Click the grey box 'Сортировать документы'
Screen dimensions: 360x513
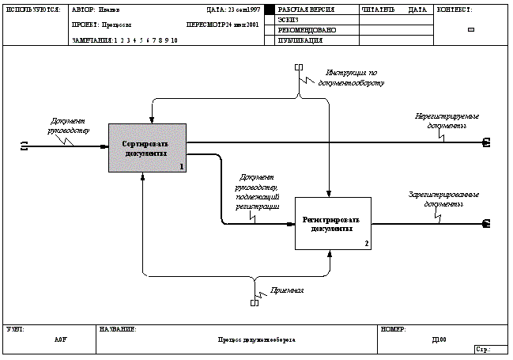[147, 148]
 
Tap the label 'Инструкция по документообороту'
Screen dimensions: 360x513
[350, 77]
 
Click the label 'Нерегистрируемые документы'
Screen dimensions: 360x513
[447, 120]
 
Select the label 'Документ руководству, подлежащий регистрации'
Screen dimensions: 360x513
[258, 193]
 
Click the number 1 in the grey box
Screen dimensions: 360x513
[181, 166]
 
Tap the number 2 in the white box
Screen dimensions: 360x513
[366, 243]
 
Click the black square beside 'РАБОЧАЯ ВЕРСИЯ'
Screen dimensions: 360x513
[269, 9]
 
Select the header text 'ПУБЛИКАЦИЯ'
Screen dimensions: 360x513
[300, 39]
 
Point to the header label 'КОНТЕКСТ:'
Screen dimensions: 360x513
[455, 10]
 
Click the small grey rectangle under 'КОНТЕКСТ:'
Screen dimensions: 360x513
[472, 29]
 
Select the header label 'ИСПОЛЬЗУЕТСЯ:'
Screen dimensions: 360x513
[32, 10]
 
